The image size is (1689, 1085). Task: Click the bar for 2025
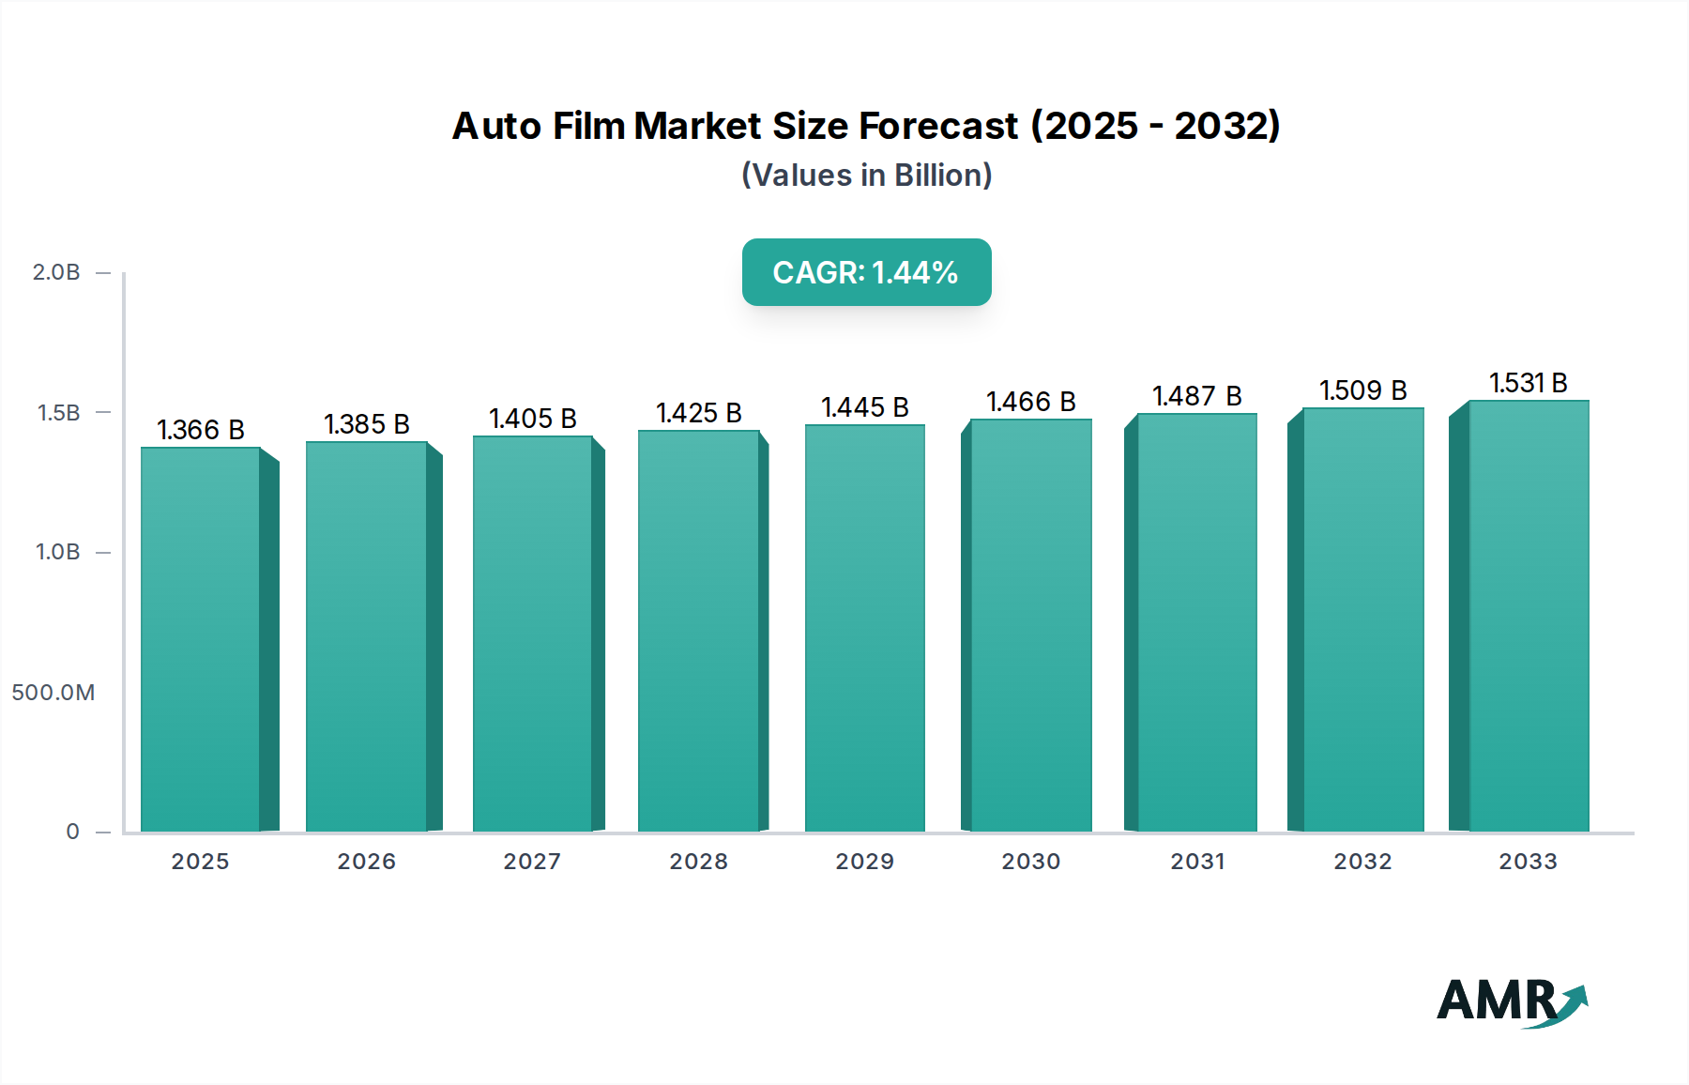click(200, 638)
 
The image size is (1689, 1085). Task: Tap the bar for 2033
click(1528, 615)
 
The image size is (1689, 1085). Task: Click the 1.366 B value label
click(200, 430)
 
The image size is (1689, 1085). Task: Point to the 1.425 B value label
click(698, 413)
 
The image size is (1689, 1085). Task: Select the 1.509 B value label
click(1362, 390)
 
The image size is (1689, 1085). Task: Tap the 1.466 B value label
click(1030, 402)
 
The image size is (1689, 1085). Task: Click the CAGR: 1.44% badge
click(866, 272)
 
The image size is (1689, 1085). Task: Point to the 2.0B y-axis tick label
click(56, 272)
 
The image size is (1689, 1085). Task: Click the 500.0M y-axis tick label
click(53, 693)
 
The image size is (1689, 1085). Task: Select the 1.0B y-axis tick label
click(57, 552)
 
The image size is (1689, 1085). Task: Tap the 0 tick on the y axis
click(72, 832)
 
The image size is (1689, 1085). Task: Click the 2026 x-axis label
click(366, 862)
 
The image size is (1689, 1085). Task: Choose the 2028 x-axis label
click(698, 862)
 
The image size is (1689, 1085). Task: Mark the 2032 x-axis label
click(1362, 862)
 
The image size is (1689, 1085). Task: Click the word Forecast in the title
click(938, 126)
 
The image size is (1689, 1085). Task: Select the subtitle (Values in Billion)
click(866, 176)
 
